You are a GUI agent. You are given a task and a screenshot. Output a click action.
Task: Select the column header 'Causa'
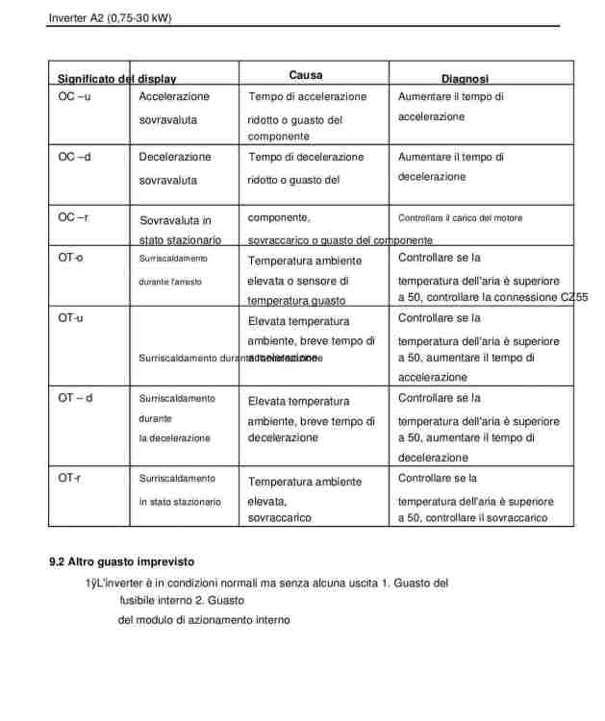click(x=305, y=75)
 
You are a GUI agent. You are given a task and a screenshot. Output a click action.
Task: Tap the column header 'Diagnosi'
click(x=465, y=79)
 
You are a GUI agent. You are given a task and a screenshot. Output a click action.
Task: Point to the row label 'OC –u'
click(x=74, y=97)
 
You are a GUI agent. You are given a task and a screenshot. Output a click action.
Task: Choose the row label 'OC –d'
click(x=74, y=157)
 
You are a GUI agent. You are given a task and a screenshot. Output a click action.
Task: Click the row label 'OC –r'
click(x=73, y=217)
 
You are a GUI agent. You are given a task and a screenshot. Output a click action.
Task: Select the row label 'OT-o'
click(x=70, y=258)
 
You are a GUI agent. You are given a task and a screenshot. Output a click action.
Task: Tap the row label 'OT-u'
click(x=70, y=318)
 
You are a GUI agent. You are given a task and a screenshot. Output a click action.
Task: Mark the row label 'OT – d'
click(x=75, y=398)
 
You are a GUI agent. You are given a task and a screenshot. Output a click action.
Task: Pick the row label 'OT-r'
click(x=69, y=478)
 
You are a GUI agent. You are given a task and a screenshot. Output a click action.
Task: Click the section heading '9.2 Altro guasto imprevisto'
click(x=122, y=561)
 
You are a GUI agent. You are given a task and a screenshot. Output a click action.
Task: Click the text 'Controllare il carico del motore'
click(x=460, y=218)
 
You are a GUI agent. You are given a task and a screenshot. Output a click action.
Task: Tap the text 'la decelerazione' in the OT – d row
click(x=174, y=437)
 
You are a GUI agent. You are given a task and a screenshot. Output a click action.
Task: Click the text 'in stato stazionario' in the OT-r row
click(x=180, y=502)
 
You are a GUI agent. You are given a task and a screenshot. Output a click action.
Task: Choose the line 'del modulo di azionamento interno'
click(x=204, y=620)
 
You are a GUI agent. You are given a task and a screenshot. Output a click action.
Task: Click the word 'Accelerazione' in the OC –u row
click(x=174, y=97)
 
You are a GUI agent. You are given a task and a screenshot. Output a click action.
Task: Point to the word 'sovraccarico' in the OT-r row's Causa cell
click(x=279, y=517)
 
